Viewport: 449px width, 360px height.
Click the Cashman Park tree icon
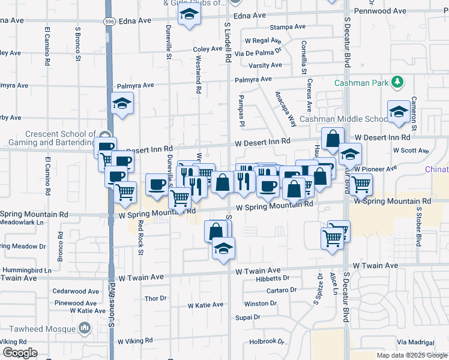[396, 82]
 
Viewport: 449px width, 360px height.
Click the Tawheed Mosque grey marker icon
[83, 328]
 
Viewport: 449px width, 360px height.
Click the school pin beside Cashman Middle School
[398, 112]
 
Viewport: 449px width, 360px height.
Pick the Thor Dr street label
[155, 298]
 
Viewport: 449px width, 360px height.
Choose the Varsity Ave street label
[265, 65]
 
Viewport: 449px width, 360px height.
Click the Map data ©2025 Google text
[411, 355]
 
